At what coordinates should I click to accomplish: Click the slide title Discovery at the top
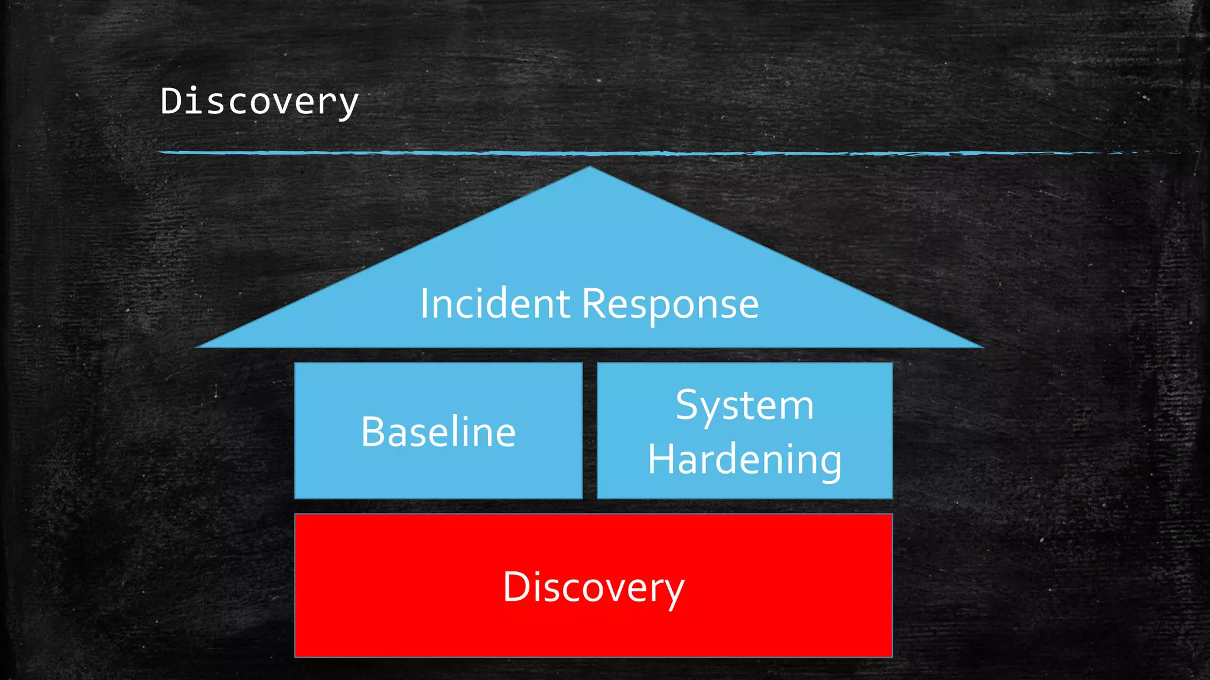coord(259,102)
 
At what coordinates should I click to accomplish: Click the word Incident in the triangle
coord(495,304)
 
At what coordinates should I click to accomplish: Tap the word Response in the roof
coord(670,305)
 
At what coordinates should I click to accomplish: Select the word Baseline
coord(438,431)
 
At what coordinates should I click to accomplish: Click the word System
coord(744,406)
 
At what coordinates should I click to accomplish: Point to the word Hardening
coord(744,460)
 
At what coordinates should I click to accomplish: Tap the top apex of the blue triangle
coord(589,169)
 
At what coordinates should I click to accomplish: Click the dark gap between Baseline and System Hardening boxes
coord(590,431)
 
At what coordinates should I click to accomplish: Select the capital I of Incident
coord(424,304)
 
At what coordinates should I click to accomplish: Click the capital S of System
coord(687,406)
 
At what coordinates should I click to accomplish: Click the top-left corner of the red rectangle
coord(296,515)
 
